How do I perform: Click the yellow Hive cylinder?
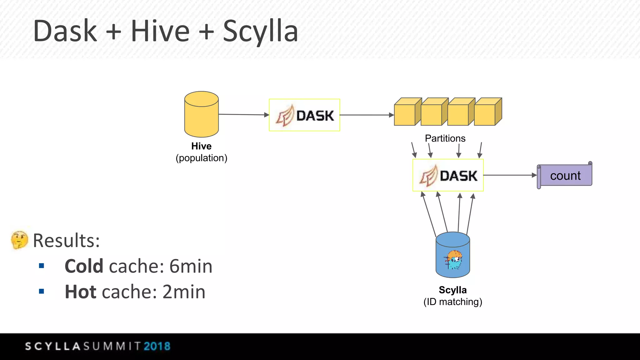pos(201,114)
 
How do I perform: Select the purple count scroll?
pos(565,176)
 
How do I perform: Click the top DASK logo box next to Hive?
pos(304,115)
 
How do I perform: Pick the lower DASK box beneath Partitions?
pos(448,175)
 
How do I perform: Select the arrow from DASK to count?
pos(509,175)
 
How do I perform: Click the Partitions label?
pos(445,138)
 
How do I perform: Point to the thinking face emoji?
pos(19,240)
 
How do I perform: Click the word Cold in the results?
pos(84,266)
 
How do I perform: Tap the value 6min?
pos(191,266)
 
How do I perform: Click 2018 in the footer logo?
pos(157,346)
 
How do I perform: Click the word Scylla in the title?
pos(260,31)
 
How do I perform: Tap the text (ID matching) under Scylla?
pos(452,302)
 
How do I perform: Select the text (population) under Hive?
pos(201,158)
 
